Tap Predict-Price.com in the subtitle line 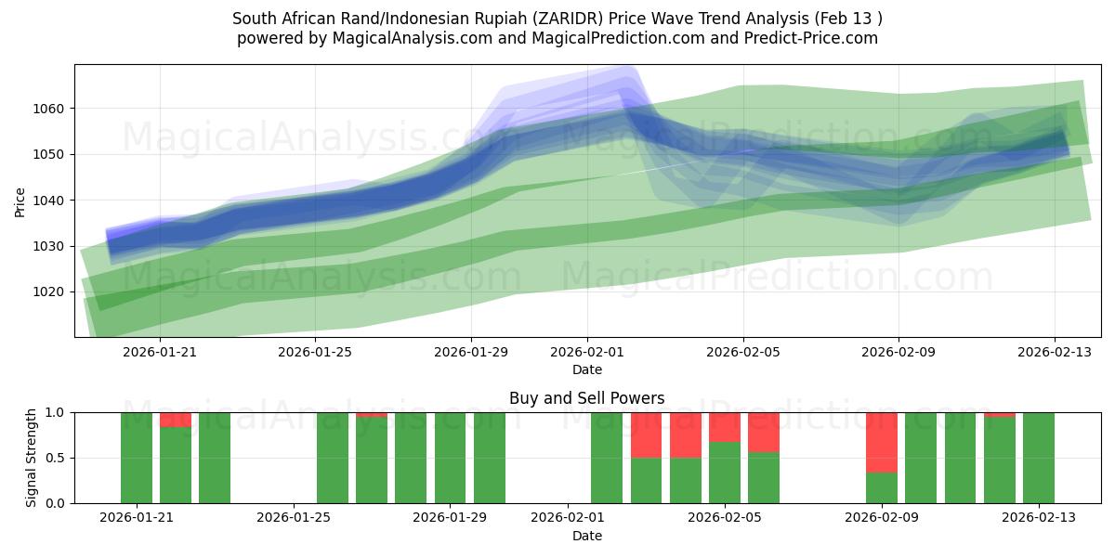[804, 38]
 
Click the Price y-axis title [20, 201]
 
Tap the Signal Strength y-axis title [32, 458]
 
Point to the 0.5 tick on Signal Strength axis [54, 458]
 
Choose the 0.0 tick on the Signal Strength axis [54, 503]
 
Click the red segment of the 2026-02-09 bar [881, 442]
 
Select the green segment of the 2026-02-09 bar [881, 487]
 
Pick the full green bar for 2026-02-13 [1038, 458]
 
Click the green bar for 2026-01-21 [137, 458]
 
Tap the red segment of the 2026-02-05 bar [725, 426]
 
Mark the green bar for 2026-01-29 [451, 458]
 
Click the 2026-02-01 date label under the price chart [587, 352]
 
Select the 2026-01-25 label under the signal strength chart [294, 518]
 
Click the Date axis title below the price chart [586, 369]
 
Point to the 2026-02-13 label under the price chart [1054, 352]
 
